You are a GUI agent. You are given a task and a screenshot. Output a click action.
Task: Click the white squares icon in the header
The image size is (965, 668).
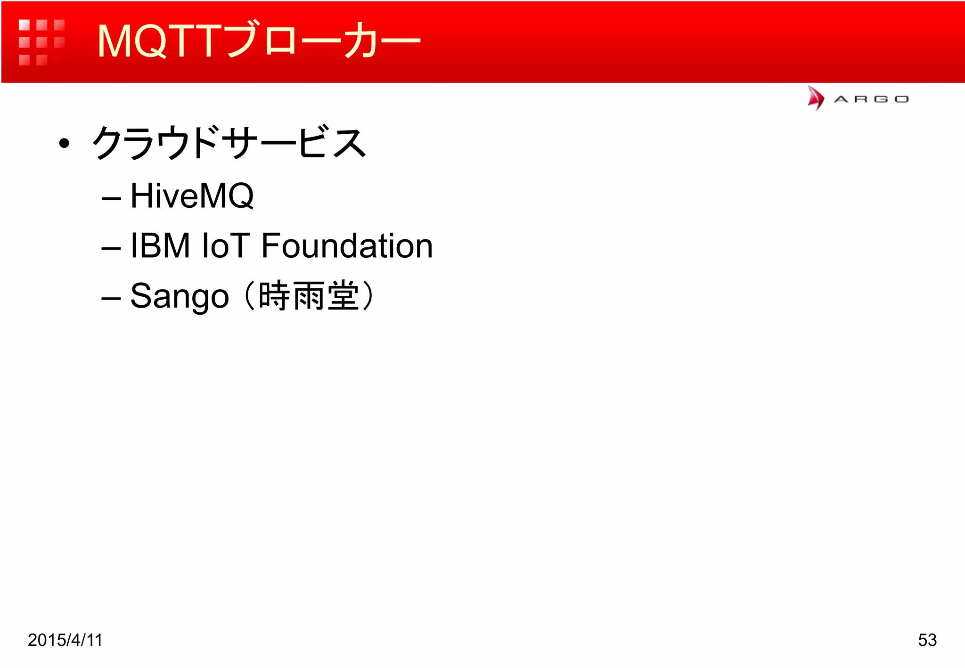click(41, 42)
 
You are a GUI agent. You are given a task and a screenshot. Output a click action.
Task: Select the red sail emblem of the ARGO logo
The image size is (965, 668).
click(816, 98)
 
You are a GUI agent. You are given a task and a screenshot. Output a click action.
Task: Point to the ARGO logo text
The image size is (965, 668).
click(871, 99)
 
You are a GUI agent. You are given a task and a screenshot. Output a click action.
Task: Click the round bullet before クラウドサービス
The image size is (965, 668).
click(64, 143)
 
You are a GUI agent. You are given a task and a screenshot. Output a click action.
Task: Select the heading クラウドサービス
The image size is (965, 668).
click(229, 143)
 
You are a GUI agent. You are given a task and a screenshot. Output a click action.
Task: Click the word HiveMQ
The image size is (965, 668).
click(192, 196)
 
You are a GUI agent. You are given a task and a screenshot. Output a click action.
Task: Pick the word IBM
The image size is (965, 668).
click(160, 245)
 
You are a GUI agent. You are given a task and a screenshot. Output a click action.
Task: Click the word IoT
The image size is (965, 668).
click(225, 245)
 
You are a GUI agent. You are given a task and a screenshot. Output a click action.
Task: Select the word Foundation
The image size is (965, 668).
click(347, 245)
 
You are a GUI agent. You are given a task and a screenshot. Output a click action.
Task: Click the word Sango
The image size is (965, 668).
click(180, 296)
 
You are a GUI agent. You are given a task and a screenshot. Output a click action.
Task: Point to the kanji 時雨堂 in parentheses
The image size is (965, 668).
click(309, 296)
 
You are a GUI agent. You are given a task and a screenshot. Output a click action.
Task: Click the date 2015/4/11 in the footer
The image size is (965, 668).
click(65, 640)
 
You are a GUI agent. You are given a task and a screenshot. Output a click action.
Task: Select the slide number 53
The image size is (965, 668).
click(927, 640)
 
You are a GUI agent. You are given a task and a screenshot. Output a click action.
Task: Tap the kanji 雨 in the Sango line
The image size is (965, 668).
click(309, 296)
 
